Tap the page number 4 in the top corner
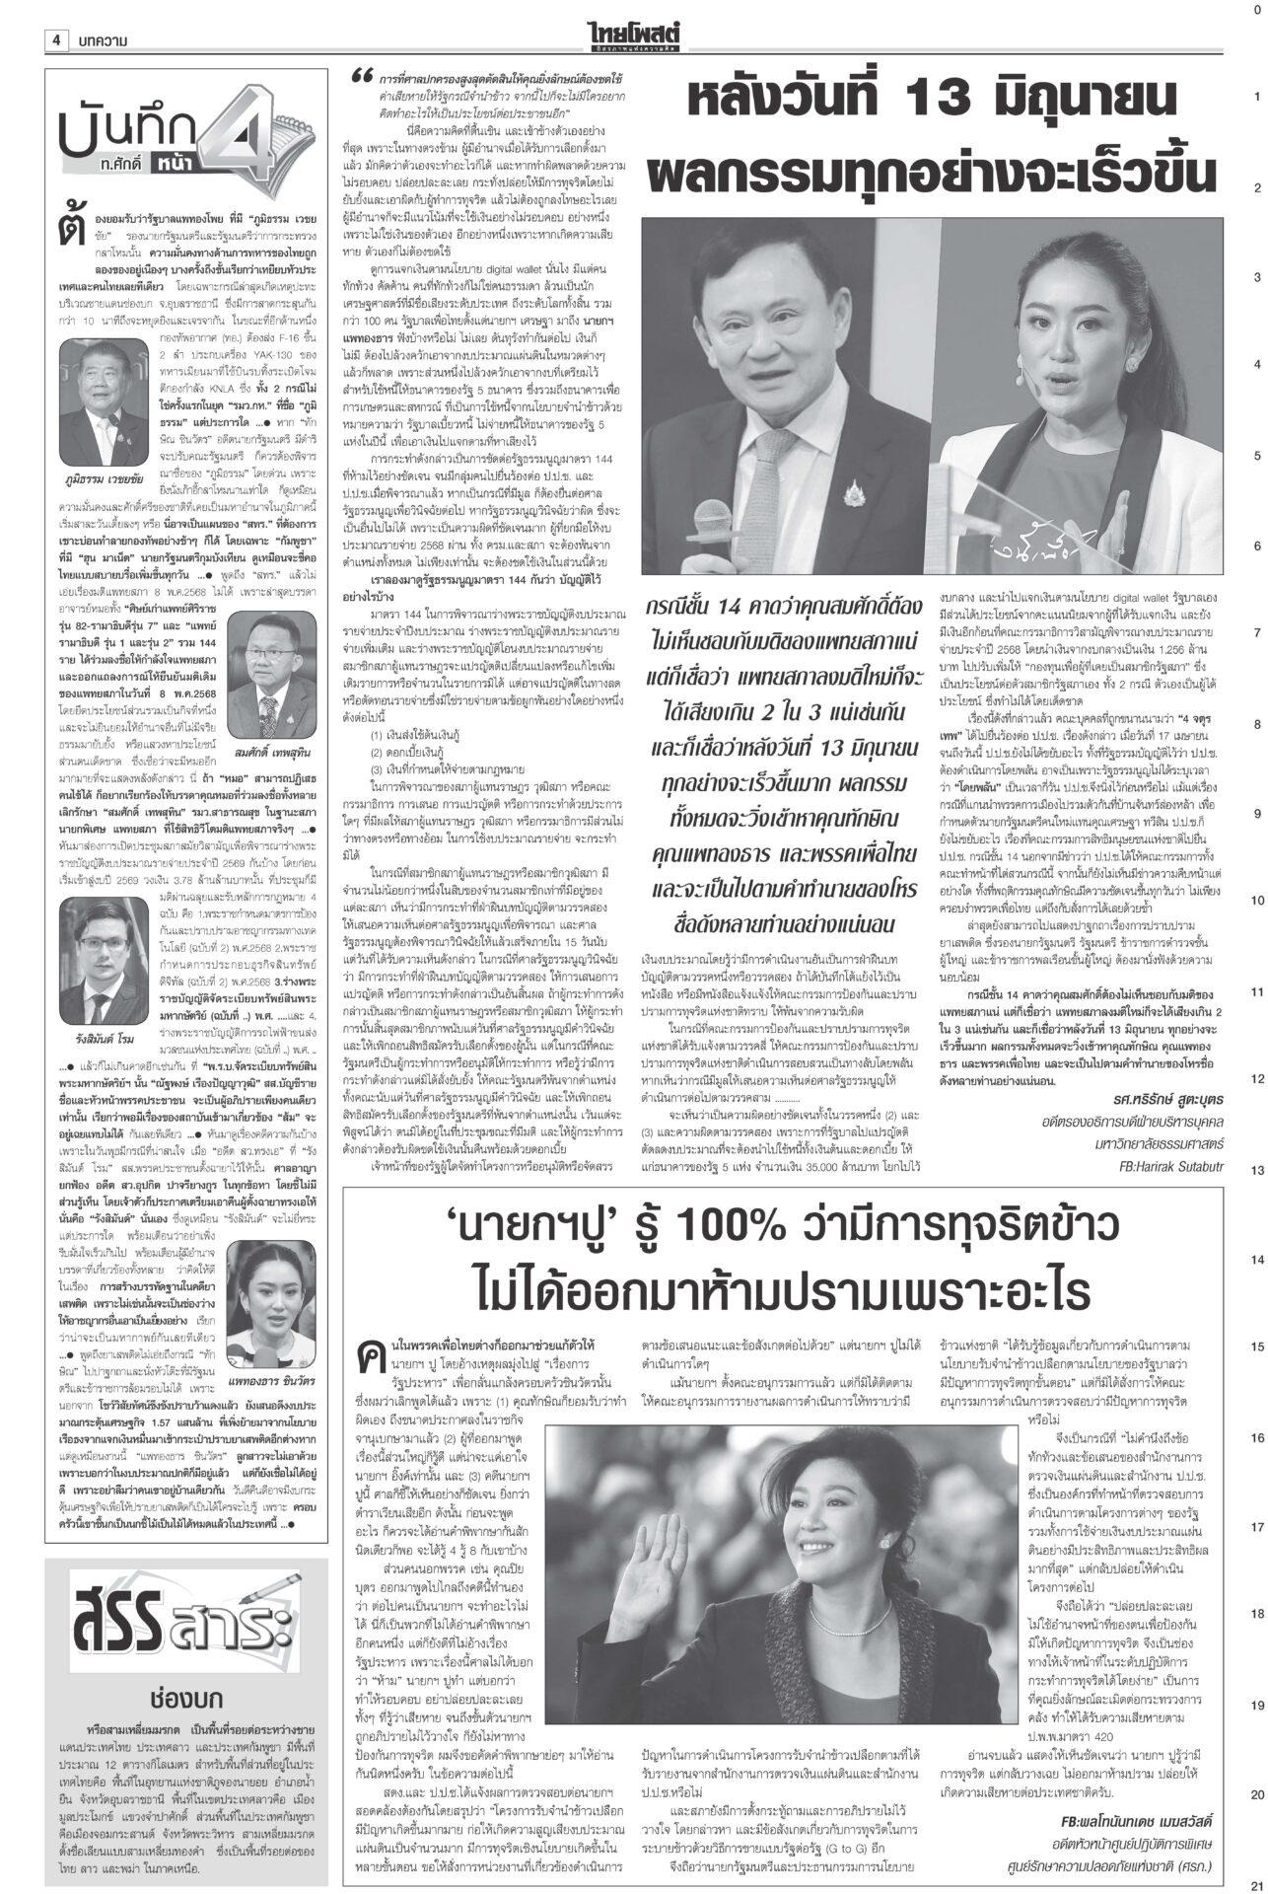coord(56,39)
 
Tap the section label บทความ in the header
coord(103,39)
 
